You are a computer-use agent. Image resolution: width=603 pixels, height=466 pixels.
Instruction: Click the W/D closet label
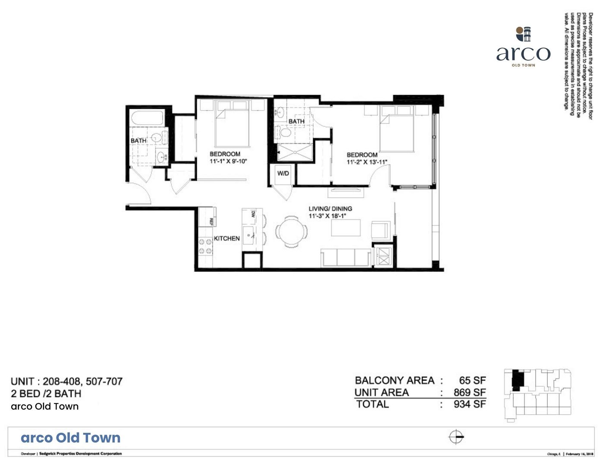tap(283, 173)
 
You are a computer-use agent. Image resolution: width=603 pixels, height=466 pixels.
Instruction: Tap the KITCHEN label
tap(226, 238)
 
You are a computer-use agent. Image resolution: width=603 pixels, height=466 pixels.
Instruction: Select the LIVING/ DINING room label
tap(330, 208)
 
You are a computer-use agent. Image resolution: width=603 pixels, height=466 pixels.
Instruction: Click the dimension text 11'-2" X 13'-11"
tap(367, 162)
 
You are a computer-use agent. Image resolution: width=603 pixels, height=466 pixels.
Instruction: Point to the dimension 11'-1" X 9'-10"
tap(228, 161)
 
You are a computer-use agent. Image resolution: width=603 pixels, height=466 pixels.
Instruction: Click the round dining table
tap(292, 231)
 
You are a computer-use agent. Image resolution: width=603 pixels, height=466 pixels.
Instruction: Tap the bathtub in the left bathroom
tap(147, 119)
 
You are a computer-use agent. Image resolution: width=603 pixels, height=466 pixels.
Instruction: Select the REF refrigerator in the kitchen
tap(208, 217)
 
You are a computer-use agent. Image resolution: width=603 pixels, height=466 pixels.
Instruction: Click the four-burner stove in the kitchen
tap(205, 246)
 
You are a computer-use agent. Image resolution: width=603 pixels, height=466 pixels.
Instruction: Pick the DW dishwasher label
tap(253, 214)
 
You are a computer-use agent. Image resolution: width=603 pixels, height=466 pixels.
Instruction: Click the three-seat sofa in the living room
tap(345, 257)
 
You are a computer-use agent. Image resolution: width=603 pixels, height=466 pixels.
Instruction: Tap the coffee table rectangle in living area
tap(345, 227)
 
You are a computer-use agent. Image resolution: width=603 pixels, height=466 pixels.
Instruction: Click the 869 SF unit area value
tap(469, 393)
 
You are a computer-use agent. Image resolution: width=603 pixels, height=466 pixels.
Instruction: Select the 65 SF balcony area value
tap(472, 381)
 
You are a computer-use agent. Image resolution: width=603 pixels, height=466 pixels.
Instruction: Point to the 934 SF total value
tap(469, 404)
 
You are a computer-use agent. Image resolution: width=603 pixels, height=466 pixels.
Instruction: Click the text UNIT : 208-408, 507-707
tap(66, 381)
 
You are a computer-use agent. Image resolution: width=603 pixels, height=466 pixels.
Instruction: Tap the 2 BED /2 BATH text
tap(46, 394)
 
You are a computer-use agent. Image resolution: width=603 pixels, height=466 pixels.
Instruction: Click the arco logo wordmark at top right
tap(523, 54)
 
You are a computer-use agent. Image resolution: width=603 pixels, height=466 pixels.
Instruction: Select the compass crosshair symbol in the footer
tap(456, 437)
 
